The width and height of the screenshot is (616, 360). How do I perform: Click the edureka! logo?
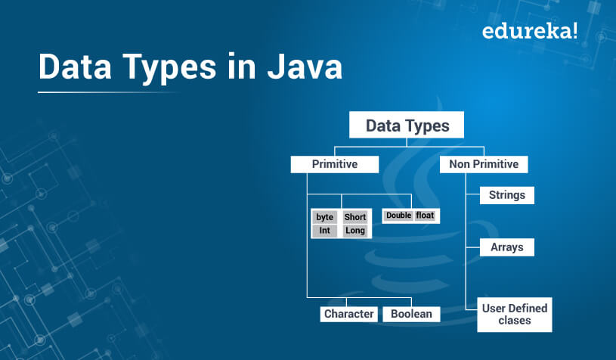tap(530, 30)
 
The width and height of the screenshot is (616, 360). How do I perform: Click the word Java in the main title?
tap(305, 67)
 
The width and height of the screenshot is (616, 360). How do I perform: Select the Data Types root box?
tap(407, 125)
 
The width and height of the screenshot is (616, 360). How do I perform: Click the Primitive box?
tap(335, 164)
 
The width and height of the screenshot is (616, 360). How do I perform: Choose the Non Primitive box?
tap(484, 164)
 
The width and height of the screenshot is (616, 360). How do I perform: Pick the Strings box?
tap(507, 195)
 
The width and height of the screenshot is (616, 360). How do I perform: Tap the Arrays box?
tap(507, 247)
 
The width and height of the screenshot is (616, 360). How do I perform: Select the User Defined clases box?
tap(515, 315)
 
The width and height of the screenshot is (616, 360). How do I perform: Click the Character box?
tap(349, 314)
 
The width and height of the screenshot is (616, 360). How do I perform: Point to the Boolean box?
tap(411, 314)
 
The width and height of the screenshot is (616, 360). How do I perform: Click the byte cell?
tap(324, 217)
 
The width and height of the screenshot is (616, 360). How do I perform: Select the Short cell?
tap(355, 217)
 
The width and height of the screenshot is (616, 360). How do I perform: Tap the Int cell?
tap(324, 231)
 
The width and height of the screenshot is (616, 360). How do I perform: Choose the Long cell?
tap(355, 231)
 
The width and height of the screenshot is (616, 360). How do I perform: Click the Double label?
tap(399, 216)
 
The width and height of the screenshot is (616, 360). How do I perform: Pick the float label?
tap(425, 216)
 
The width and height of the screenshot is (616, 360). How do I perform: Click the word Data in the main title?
tap(75, 67)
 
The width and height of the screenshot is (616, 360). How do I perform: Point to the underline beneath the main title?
tap(108, 92)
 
